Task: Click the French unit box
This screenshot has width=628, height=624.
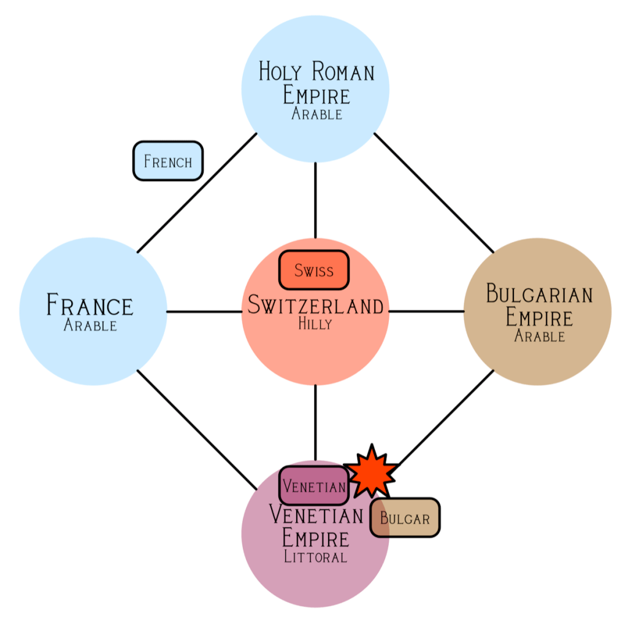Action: pyautogui.click(x=167, y=161)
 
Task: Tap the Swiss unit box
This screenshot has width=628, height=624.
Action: pyautogui.click(x=313, y=270)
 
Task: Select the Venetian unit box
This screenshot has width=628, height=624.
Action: pyautogui.click(x=313, y=487)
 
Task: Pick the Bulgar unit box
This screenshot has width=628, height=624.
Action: pyautogui.click(x=405, y=518)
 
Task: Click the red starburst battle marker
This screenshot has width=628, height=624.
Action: pyautogui.click(x=371, y=471)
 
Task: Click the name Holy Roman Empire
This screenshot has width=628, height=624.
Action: pyautogui.click(x=316, y=83)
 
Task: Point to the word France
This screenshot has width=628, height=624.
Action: pyautogui.click(x=90, y=305)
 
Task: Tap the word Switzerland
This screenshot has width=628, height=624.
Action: pyautogui.click(x=315, y=305)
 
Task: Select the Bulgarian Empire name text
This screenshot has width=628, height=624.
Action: pyautogui.click(x=539, y=305)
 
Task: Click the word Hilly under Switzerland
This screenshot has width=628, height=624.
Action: pyautogui.click(x=315, y=324)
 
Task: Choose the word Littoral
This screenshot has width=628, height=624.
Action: pyautogui.click(x=315, y=557)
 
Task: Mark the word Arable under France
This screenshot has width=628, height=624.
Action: pyautogui.click(x=90, y=325)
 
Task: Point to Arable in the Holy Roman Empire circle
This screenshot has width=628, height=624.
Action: pyautogui.click(x=316, y=114)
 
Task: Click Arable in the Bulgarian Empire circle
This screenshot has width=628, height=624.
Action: pyautogui.click(x=539, y=336)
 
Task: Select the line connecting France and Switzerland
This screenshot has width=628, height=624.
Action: pyautogui.click(x=204, y=312)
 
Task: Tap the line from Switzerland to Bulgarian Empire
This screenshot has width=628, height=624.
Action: pyautogui.click(x=426, y=311)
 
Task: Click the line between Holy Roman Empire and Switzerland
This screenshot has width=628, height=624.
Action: pyautogui.click(x=315, y=200)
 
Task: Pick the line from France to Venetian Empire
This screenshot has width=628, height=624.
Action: pyautogui.click(x=196, y=429)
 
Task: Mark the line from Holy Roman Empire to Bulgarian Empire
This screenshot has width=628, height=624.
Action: pyautogui.click(x=434, y=193)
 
